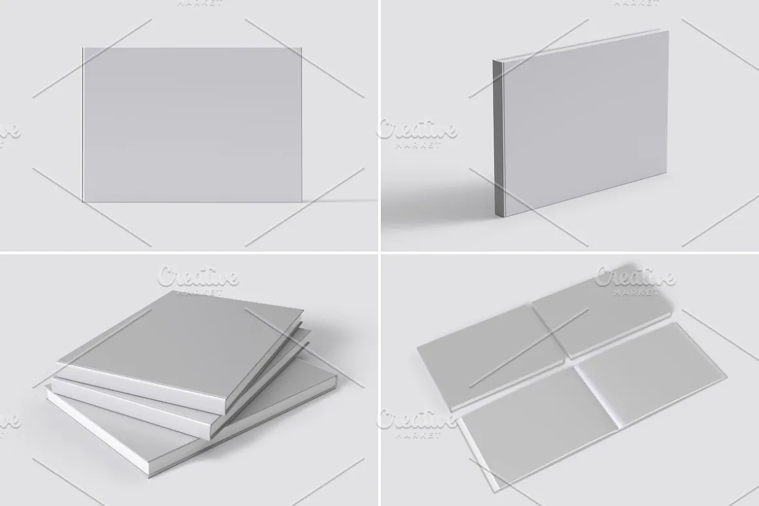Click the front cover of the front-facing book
point(192,125)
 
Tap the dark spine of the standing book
point(498,137)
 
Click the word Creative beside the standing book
point(417,130)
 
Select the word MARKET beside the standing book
point(417,145)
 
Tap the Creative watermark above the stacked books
point(198,277)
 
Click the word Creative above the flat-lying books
point(635,277)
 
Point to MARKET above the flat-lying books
point(636,292)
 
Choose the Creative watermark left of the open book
point(417,419)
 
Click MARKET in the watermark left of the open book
point(417,434)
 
